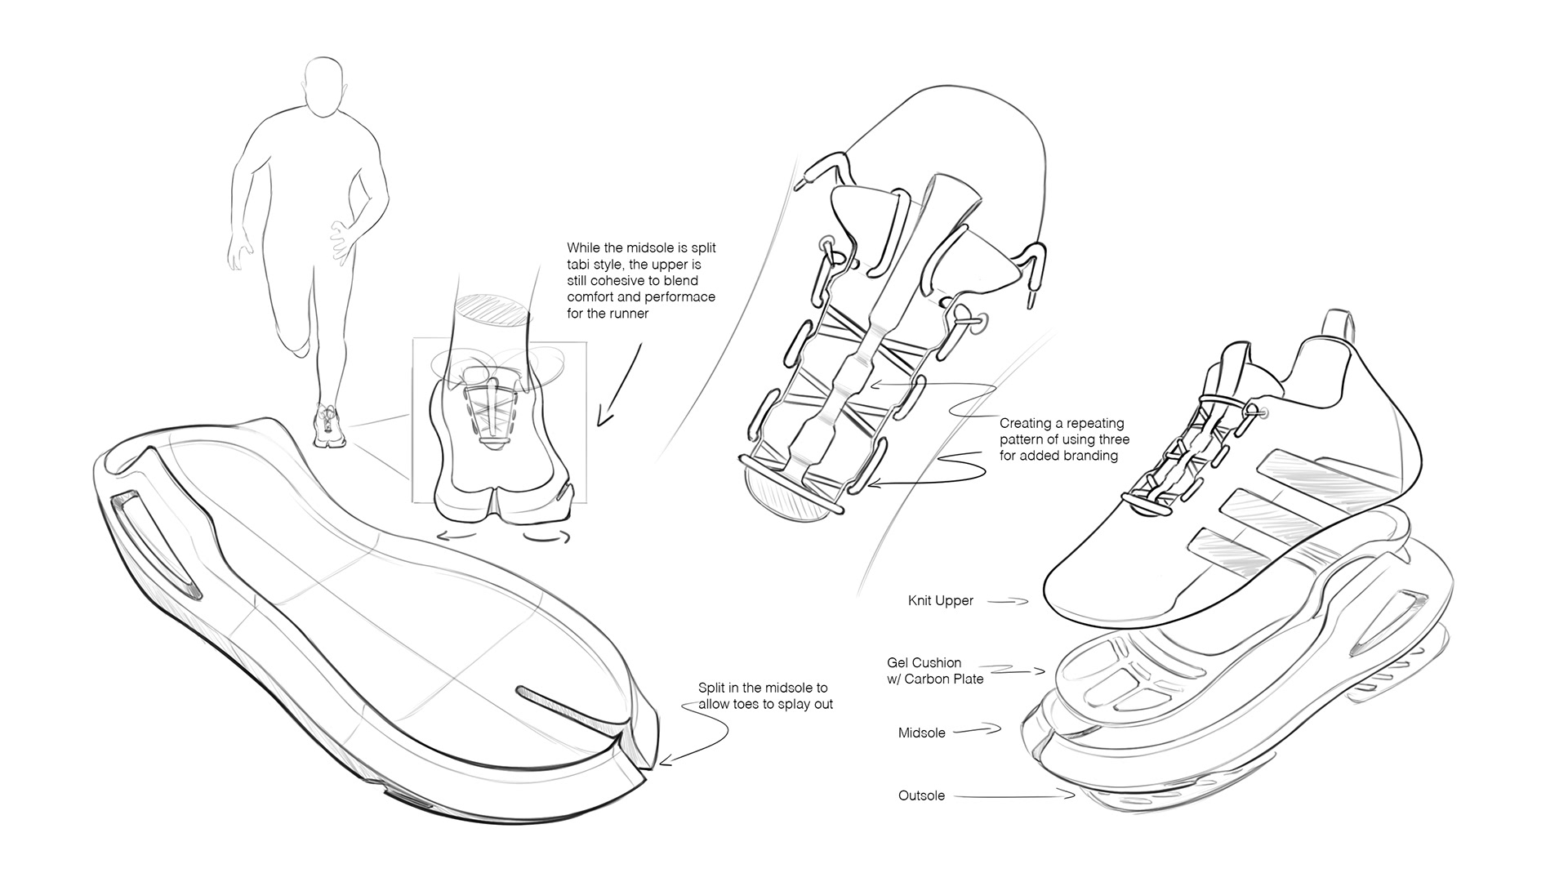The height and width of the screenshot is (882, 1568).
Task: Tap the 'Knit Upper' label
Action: click(x=940, y=601)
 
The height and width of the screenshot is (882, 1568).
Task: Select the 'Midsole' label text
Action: click(x=921, y=733)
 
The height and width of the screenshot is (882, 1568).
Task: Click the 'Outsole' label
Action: click(x=921, y=795)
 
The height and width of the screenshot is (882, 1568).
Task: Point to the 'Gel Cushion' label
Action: click(x=924, y=662)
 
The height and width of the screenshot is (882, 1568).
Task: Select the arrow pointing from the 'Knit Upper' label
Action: click(x=1009, y=602)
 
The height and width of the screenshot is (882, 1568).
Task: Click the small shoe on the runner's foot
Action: click(x=328, y=425)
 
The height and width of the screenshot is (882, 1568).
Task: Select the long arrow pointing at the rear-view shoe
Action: click(x=618, y=384)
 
